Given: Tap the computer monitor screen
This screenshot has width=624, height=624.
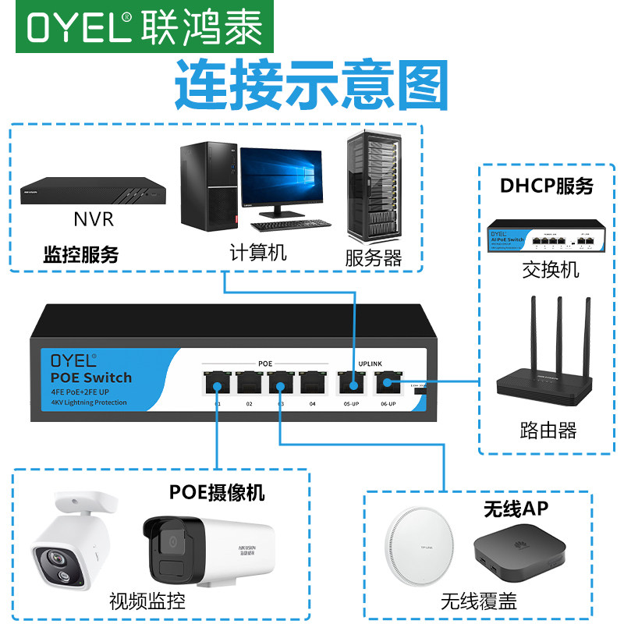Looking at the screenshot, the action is [280, 179].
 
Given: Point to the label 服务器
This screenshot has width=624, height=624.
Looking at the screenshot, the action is [374, 257].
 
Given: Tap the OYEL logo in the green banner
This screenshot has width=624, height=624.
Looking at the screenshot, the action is [79, 27].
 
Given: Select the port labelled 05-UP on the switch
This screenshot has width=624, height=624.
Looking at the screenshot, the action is [350, 383].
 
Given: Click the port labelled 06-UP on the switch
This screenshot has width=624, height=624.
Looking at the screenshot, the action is [385, 383].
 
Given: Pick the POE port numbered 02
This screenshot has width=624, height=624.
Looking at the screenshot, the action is [249, 382].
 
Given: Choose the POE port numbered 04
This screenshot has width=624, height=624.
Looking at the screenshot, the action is [312, 382].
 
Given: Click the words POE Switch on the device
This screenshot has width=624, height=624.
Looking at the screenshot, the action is [91, 378].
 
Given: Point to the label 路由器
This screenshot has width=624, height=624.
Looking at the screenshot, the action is [548, 429].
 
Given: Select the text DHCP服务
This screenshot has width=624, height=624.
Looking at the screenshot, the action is [547, 186].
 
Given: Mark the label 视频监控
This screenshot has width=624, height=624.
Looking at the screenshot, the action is [147, 601].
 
